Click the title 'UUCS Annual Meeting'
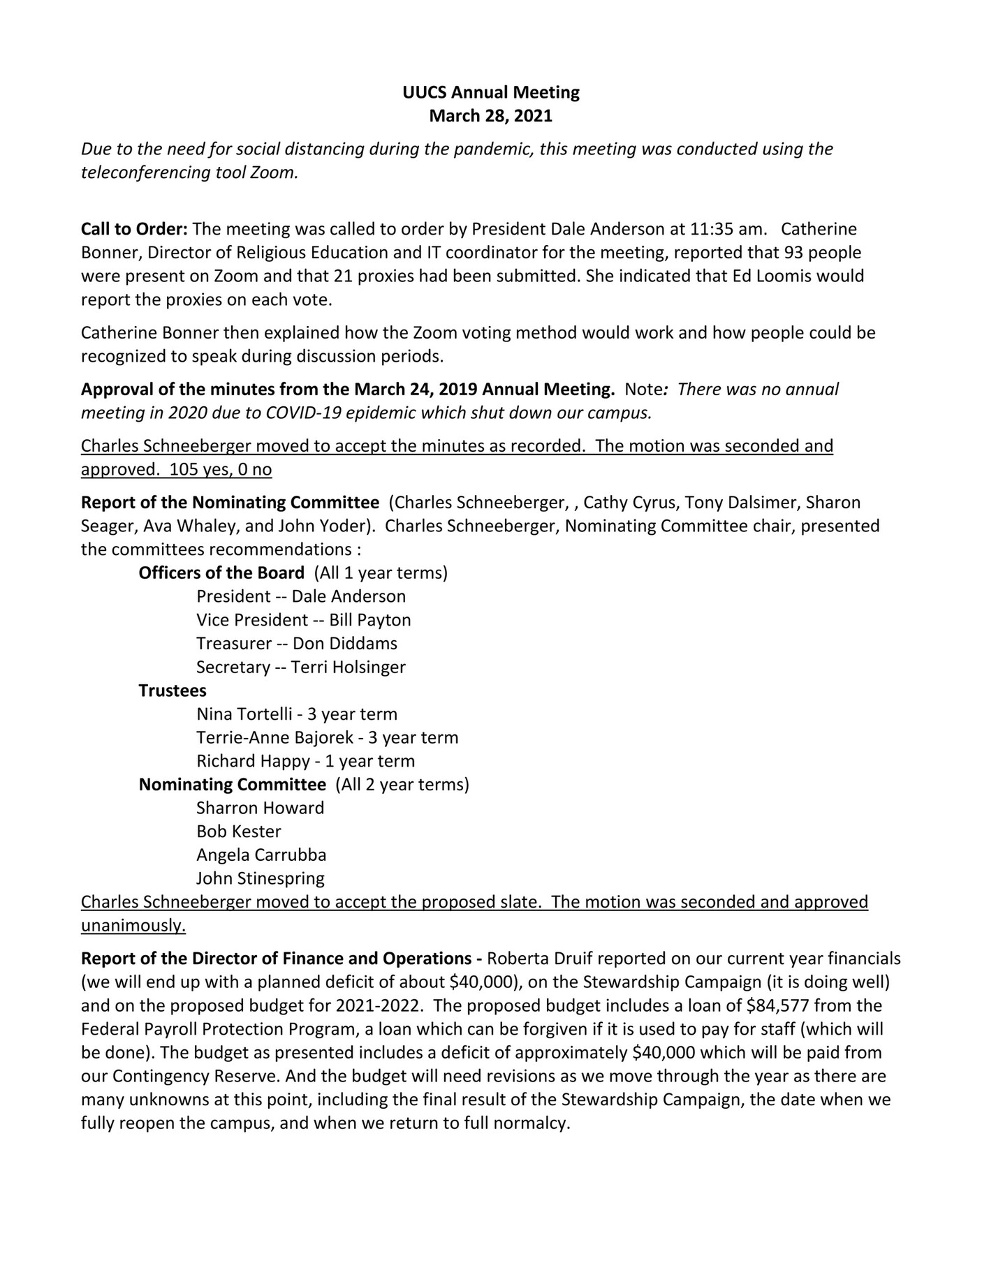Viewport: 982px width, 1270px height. click(x=490, y=92)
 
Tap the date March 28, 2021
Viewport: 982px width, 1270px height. click(x=490, y=116)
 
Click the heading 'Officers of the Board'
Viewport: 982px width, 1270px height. click(x=221, y=573)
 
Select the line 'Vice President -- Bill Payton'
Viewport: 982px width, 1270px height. click(x=303, y=620)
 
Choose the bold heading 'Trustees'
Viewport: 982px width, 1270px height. click(x=173, y=691)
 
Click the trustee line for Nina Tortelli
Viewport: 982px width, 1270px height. click(x=296, y=714)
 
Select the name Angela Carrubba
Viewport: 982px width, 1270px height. click(x=261, y=855)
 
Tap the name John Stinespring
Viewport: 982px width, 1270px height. click(x=260, y=878)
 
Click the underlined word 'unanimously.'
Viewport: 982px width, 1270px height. click(x=133, y=926)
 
